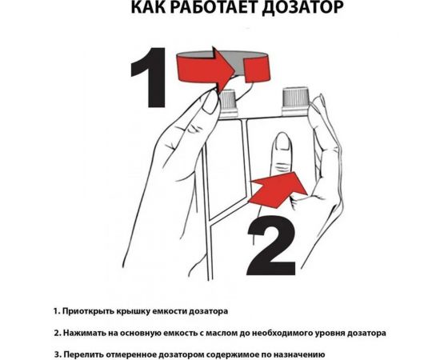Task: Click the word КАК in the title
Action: click(x=150, y=10)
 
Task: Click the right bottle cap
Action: click(x=296, y=100)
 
